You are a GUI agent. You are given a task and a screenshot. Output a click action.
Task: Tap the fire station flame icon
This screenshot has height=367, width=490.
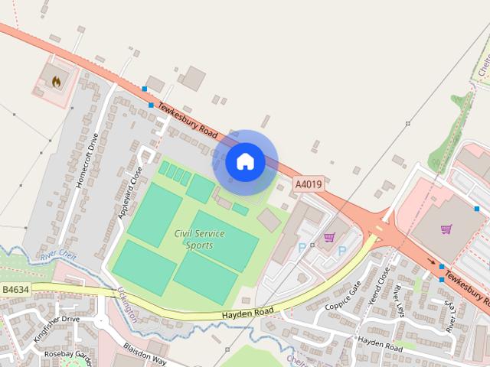[56, 80]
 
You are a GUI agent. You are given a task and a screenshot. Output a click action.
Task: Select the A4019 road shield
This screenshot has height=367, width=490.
[309, 184]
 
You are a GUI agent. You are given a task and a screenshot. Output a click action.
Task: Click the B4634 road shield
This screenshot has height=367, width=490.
[15, 290]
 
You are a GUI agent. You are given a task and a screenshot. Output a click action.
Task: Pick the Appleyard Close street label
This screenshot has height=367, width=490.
[130, 193]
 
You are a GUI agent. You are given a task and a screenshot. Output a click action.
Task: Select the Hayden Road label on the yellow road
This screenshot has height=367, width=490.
[247, 313]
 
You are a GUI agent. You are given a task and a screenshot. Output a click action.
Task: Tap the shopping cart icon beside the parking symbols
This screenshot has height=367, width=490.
[329, 237]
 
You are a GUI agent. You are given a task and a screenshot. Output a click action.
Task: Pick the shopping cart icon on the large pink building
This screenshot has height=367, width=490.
[446, 228]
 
